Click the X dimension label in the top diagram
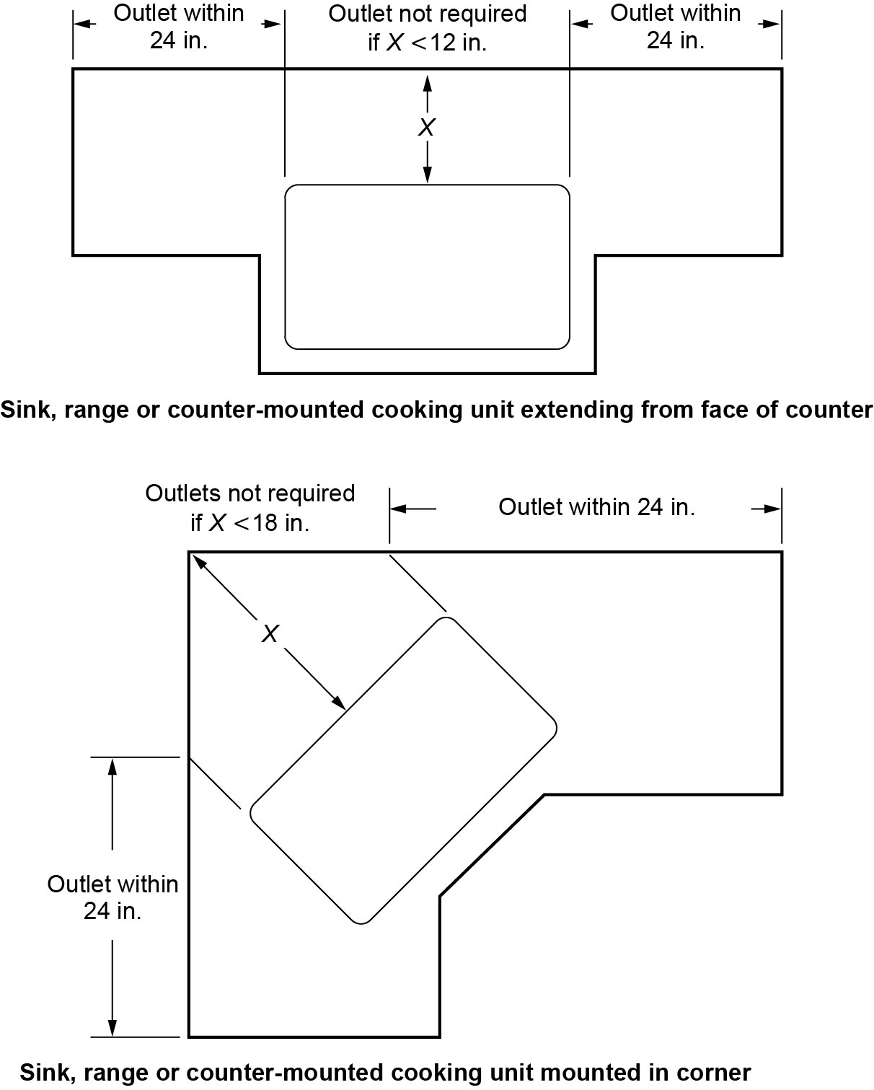click(x=427, y=128)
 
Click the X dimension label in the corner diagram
click(x=270, y=634)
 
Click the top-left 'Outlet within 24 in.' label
click(x=179, y=27)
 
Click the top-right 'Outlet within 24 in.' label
click(x=676, y=27)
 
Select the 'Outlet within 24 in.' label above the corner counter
click(x=596, y=508)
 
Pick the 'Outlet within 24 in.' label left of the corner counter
click(x=112, y=897)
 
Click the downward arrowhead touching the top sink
click(x=427, y=175)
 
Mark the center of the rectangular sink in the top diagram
click(x=427, y=267)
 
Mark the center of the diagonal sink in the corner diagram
click(x=404, y=770)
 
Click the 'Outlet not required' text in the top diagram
click(x=427, y=14)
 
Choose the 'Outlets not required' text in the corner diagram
click(x=250, y=493)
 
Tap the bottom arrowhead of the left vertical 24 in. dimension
click(x=112, y=1029)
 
